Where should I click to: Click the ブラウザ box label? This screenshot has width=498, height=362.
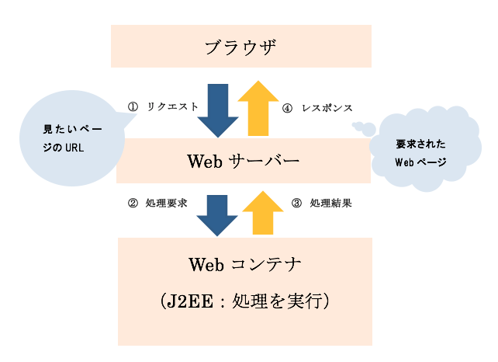tap(241, 47)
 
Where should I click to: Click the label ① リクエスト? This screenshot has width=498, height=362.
tap(164, 106)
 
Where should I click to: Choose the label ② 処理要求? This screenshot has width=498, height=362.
tap(158, 204)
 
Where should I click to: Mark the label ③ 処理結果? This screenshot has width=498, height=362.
tap(322, 204)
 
